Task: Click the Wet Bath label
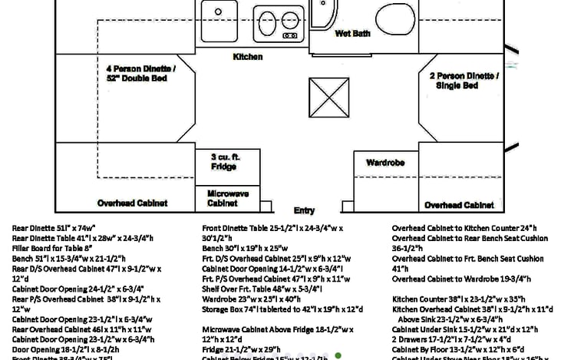point(352,34)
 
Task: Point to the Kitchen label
point(248,57)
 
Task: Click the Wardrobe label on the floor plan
point(385,163)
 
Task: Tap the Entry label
point(304,210)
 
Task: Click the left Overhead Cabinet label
point(133,203)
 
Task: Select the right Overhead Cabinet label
point(459,205)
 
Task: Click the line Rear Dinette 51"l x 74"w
point(54,228)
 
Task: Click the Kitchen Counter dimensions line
point(447,298)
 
